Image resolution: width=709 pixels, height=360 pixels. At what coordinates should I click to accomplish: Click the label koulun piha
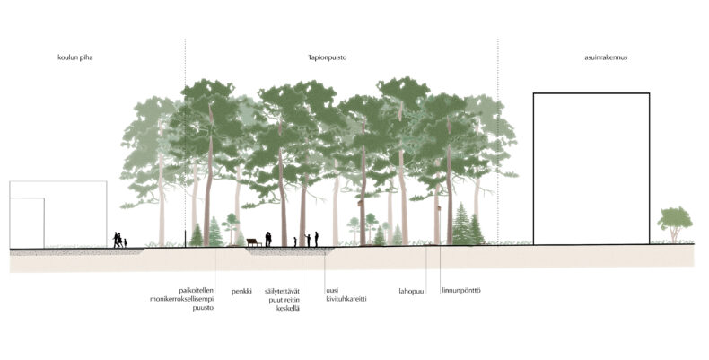pos(75,57)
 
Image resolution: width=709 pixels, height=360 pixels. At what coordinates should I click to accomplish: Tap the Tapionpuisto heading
pos(328,57)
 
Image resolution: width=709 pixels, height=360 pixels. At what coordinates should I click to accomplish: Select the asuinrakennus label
pos(606,57)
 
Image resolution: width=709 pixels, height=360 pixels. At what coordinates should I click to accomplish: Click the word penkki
pos(242,292)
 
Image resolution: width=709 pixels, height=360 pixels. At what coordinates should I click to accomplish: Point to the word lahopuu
pos(411,291)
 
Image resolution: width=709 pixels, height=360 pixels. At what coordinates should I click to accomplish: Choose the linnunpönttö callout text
pos(461,290)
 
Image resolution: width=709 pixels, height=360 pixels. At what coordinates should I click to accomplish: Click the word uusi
pos(332,290)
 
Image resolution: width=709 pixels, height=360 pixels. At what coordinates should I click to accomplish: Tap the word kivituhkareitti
pos(346,299)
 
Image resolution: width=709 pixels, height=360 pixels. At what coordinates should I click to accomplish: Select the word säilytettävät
pos(282,291)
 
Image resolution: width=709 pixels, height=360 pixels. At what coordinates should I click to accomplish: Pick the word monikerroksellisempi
pos(182,299)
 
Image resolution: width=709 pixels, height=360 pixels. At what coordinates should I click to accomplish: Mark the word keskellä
pos(287,309)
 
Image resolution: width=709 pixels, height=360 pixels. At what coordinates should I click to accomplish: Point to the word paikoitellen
pos(197,290)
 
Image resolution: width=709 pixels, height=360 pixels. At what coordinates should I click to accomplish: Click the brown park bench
pos(254,242)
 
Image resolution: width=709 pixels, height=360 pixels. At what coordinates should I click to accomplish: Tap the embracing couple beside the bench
pos(268,239)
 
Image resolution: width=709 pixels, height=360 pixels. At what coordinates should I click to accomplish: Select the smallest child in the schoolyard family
pos(126,243)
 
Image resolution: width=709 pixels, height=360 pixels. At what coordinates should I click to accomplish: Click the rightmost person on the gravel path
pos(317,239)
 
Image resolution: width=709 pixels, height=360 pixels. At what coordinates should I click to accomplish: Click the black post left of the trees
pos(186,239)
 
